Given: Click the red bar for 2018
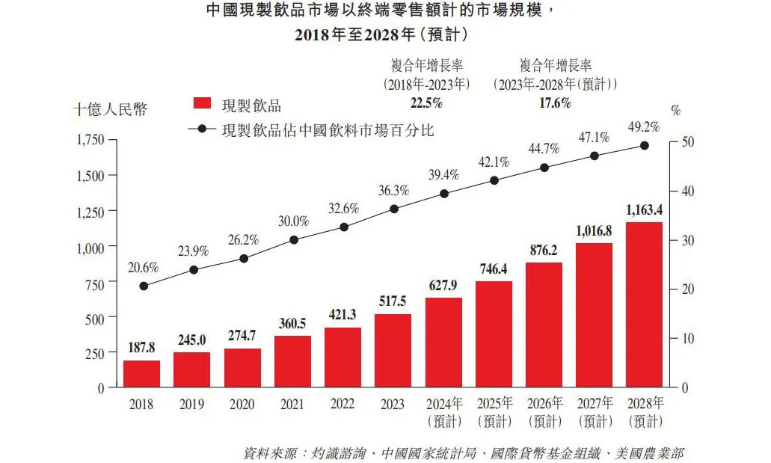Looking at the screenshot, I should [141, 374].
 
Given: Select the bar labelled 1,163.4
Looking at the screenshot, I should [644, 305].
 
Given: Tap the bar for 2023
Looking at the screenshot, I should [393, 351].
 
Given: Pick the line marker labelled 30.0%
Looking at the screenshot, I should [294, 240].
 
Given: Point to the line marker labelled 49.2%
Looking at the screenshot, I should [645, 146].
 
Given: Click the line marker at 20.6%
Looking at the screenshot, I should [144, 286].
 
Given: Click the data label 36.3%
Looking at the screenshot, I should [393, 191].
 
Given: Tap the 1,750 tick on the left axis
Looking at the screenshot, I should [90, 141].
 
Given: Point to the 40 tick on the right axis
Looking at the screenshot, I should [688, 191].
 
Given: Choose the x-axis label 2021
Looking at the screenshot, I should [292, 405].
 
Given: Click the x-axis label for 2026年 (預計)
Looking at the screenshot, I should [544, 412].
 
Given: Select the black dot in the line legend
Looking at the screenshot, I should [202, 129].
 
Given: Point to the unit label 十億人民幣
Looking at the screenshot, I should [110, 110].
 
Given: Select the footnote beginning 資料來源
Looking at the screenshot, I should [463, 453].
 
